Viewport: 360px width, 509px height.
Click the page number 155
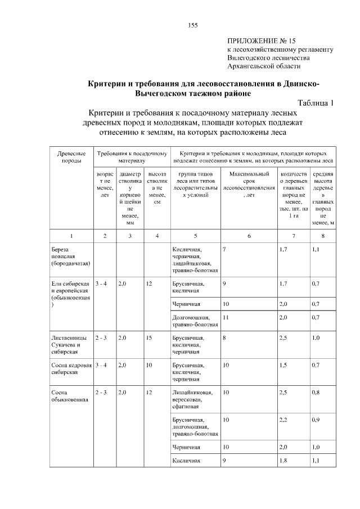[x=192, y=25]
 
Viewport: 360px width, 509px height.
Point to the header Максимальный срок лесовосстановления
[x=249, y=185]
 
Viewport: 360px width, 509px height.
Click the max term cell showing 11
[x=226, y=317]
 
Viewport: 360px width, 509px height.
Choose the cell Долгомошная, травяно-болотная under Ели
[x=195, y=321]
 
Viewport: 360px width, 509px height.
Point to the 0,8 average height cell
[x=316, y=392]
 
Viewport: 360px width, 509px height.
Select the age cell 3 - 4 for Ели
[x=101, y=284]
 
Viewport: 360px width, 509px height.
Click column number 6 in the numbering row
[x=249, y=236]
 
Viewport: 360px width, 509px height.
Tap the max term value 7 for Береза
[x=224, y=249]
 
